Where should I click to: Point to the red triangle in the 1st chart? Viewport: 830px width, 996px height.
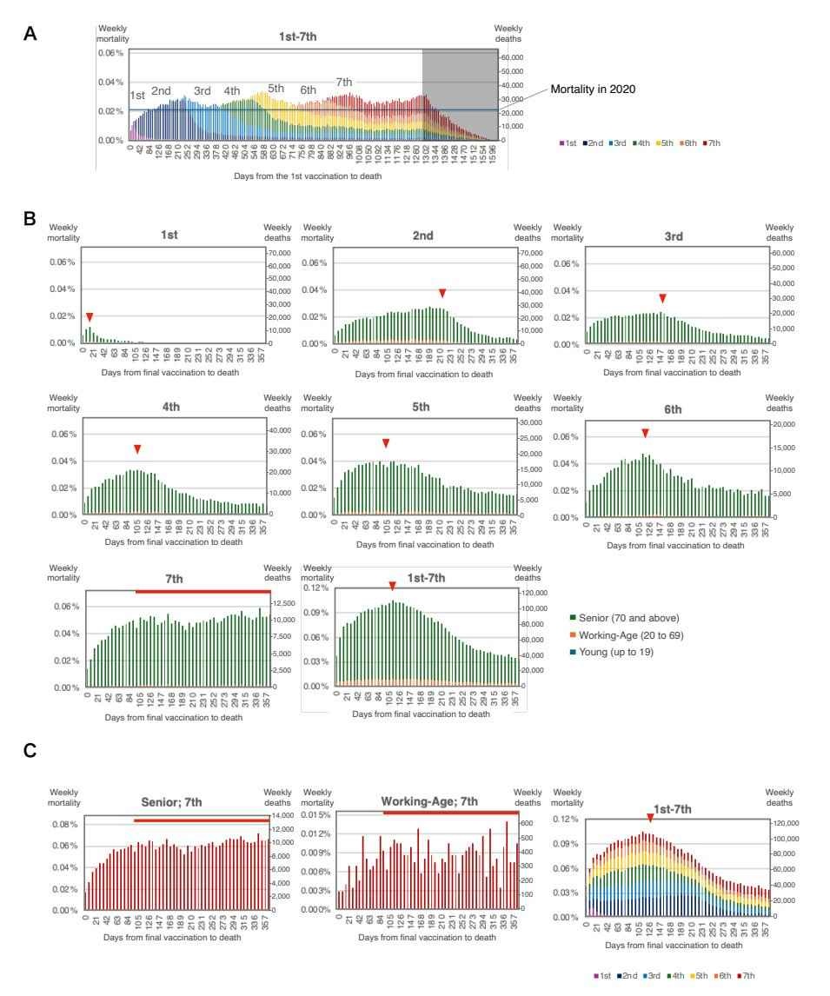click(x=89, y=317)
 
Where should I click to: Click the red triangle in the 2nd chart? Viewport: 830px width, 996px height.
click(x=442, y=293)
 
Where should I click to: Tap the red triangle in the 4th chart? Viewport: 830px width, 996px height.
click(x=137, y=449)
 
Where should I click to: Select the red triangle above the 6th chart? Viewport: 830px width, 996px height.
click(x=645, y=434)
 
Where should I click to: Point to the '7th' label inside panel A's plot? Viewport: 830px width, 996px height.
click(x=344, y=82)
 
